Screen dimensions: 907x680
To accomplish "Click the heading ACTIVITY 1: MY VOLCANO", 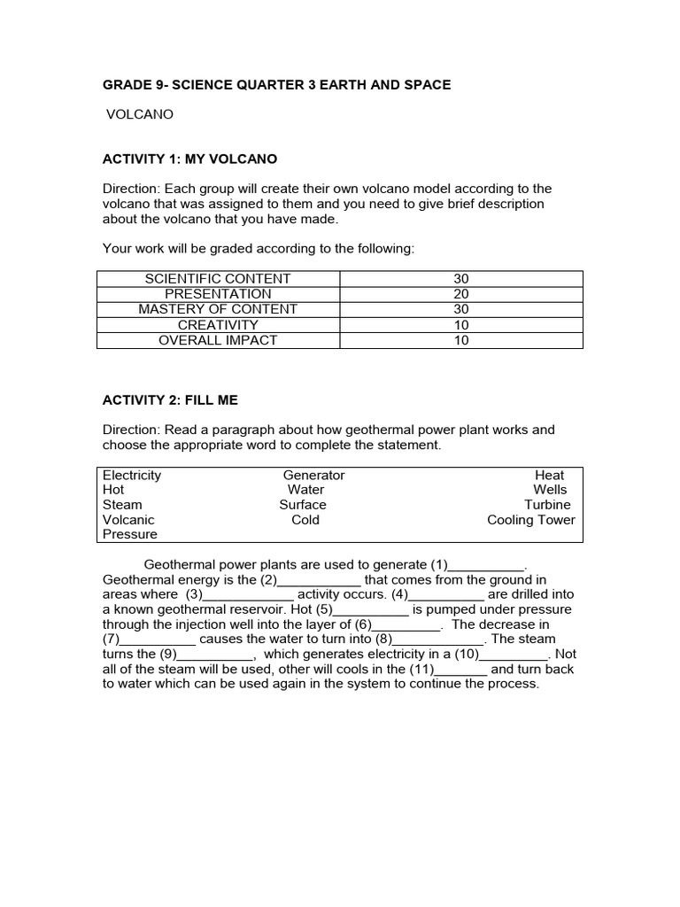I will click(x=189, y=159).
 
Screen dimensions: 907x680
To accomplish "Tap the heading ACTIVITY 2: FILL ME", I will click(x=170, y=400).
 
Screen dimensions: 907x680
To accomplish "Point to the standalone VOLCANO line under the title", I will click(x=140, y=114).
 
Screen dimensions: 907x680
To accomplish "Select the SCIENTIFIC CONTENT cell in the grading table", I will click(x=218, y=279).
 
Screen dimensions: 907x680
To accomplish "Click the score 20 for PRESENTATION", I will click(x=460, y=294).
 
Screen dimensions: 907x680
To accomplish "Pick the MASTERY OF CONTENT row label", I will click(x=218, y=309).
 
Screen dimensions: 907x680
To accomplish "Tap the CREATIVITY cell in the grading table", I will click(x=218, y=325).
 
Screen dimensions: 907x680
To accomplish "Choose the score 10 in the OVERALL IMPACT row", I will click(x=460, y=340).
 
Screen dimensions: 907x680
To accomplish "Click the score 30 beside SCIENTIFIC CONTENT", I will click(x=460, y=279).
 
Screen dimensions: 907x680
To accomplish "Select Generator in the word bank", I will click(x=313, y=475).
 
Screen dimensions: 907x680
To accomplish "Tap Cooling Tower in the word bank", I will click(x=530, y=520).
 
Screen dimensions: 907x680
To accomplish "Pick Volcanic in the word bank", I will click(x=128, y=520).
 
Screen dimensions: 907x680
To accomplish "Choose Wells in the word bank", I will click(x=550, y=490).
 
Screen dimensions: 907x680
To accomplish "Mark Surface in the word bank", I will click(x=303, y=505).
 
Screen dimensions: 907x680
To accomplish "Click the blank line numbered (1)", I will click(x=487, y=565).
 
